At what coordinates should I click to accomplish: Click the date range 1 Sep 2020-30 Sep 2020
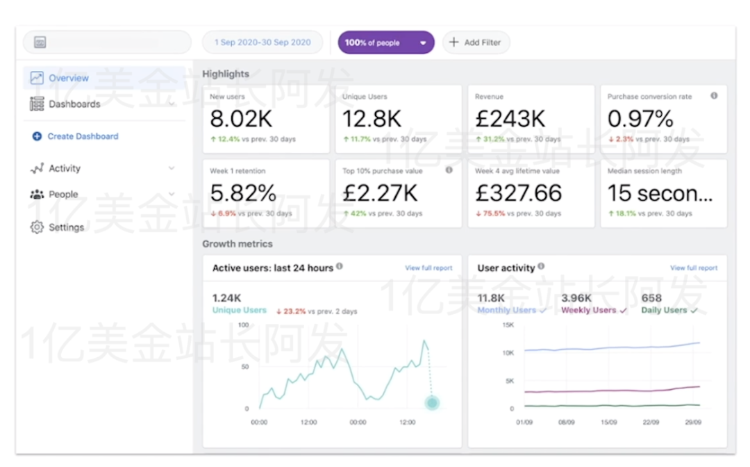click(262, 42)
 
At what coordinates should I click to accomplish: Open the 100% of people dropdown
click(385, 42)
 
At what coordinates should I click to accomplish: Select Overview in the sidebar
click(68, 79)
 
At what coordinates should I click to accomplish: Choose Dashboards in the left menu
click(74, 104)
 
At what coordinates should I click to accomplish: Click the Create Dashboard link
click(82, 136)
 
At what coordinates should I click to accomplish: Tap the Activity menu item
click(65, 169)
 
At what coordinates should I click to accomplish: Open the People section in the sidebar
click(63, 195)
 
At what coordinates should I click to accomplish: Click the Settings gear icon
click(37, 227)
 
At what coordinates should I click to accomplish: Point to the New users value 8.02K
click(241, 119)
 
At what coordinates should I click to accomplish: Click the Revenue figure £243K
click(510, 119)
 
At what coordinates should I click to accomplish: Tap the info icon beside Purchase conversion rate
click(714, 97)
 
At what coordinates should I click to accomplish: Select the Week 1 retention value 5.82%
click(243, 192)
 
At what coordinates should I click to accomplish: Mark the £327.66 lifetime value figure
click(518, 192)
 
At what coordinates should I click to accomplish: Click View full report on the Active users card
click(428, 268)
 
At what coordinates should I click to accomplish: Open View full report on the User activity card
click(694, 268)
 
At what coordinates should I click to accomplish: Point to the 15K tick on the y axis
click(508, 325)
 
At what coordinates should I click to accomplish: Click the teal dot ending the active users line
click(432, 403)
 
